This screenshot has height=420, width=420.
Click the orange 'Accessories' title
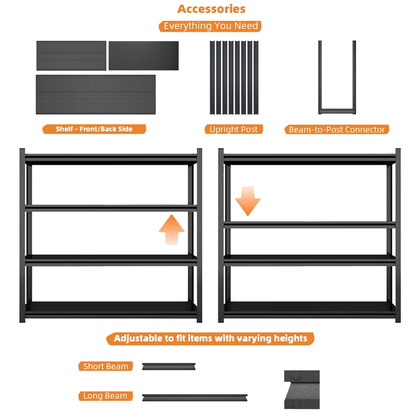click(x=211, y=9)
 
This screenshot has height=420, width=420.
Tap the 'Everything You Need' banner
click(x=210, y=26)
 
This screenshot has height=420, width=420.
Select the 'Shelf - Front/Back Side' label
click(x=94, y=129)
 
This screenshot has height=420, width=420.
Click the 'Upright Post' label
click(x=234, y=129)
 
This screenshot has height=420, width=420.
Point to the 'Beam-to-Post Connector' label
click(x=337, y=130)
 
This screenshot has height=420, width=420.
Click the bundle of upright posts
click(x=234, y=78)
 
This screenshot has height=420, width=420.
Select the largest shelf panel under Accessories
click(x=96, y=94)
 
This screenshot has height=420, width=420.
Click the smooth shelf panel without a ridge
click(x=144, y=56)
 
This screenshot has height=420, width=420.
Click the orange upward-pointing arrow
click(x=172, y=230)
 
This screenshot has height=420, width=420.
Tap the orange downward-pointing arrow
click(x=248, y=201)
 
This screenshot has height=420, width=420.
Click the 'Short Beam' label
click(x=105, y=366)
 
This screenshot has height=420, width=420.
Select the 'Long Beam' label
click(x=105, y=396)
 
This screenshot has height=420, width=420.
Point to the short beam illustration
click(x=169, y=366)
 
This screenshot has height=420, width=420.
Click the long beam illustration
click(x=195, y=397)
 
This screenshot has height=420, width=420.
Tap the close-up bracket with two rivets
click(x=302, y=389)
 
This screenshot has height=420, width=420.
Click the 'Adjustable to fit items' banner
click(x=210, y=339)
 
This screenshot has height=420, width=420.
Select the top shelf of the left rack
click(x=111, y=159)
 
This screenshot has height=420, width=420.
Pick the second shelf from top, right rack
click(x=310, y=225)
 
